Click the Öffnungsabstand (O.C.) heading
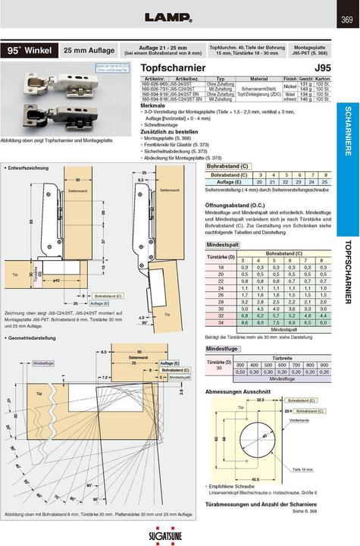click(x=243, y=205)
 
